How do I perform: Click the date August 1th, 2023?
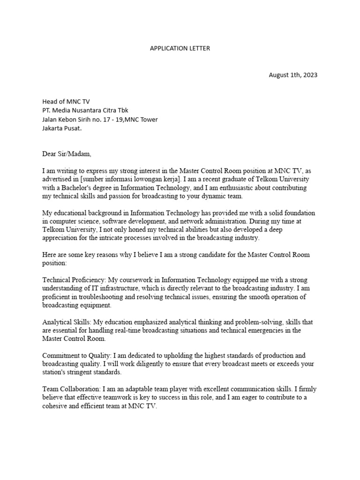point(292,75)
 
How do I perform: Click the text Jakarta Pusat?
point(62,128)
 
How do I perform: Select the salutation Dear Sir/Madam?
point(67,153)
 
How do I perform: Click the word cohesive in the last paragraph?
point(56,406)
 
